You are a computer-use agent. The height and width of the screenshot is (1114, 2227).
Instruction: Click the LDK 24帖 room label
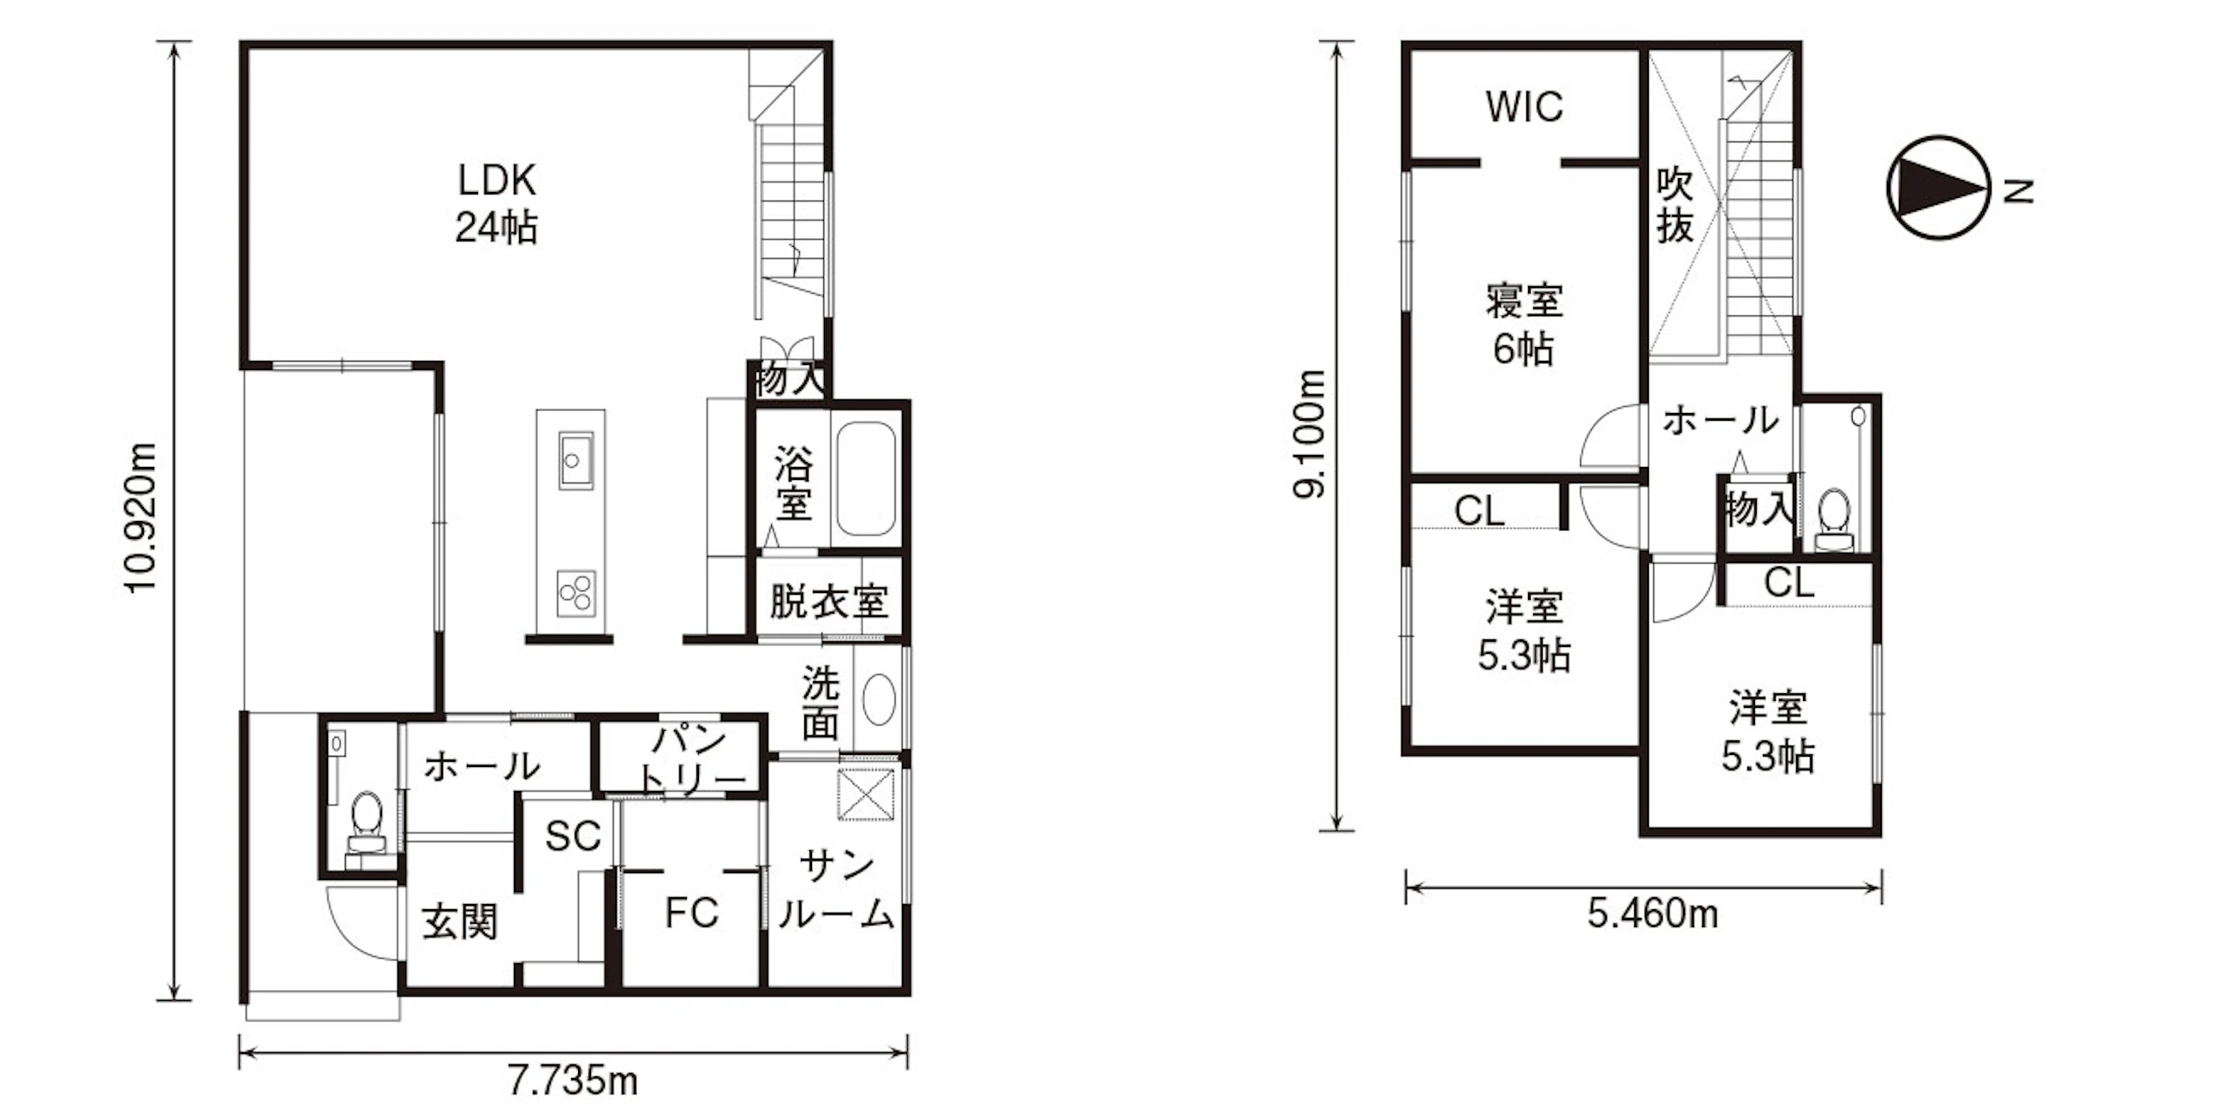tap(496, 204)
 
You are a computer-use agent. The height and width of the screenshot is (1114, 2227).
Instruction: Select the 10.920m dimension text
tap(141, 518)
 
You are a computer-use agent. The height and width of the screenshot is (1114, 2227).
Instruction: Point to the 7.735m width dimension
tap(572, 1081)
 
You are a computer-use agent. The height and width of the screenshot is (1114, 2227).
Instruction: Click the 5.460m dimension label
tap(1652, 913)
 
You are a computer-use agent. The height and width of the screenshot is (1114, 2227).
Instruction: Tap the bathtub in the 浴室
tap(865, 479)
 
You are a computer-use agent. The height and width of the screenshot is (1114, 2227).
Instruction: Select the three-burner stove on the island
tap(575, 593)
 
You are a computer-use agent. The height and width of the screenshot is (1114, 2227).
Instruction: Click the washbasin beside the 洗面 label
tap(879, 700)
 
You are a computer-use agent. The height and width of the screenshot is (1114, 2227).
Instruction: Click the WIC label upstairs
tap(1524, 107)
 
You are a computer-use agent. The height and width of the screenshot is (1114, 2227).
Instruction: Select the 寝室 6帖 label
tap(1524, 324)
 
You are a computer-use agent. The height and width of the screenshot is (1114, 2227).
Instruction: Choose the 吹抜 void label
tap(1675, 205)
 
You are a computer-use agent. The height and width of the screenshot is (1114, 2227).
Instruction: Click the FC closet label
tap(691, 913)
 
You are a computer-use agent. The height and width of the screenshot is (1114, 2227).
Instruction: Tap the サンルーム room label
tap(835, 890)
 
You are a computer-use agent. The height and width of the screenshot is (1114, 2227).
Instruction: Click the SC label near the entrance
tap(573, 835)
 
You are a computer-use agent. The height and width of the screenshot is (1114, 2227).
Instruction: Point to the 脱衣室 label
tap(828, 601)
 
